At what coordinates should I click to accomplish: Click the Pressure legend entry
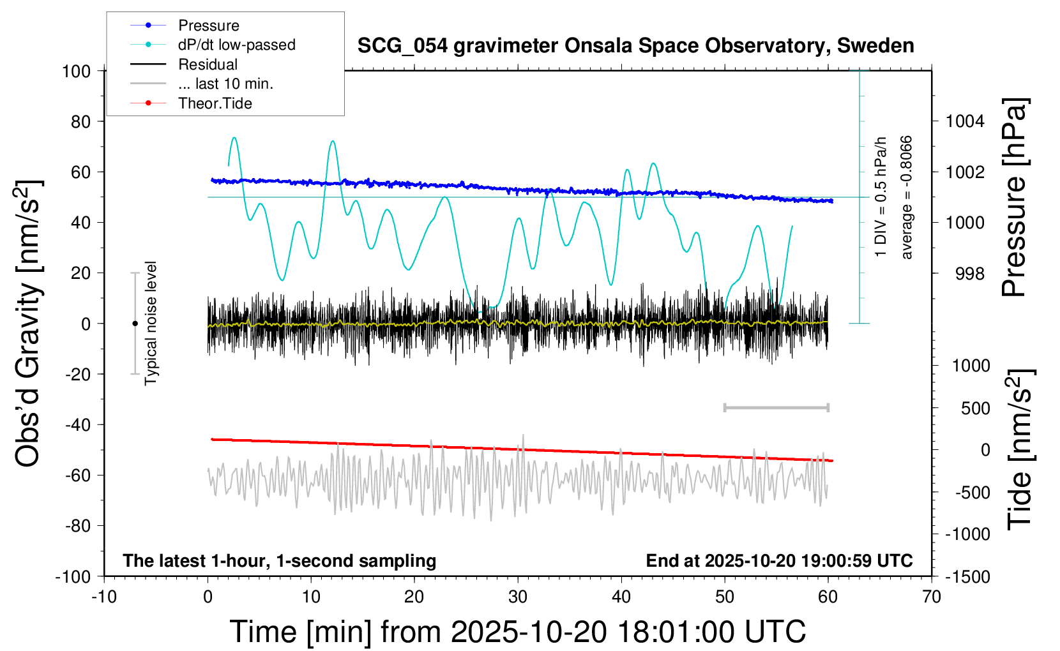click(x=208, y=26)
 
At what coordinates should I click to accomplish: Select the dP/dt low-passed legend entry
click(x=236, y=45)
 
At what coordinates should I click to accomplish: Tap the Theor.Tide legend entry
click(x=215, y=103)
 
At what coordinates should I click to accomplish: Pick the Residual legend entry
click(x=208, y=64)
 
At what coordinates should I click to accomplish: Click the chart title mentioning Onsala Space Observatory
click(x=635, y=46)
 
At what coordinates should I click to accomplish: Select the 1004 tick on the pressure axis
click(x=965, y=121)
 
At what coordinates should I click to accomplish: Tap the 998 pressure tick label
click(x=970, y=274)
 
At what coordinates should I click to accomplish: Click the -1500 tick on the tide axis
click(x=967, y=577)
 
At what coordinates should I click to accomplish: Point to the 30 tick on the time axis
click(x=518, y=597)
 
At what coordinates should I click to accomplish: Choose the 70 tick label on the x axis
click(x=932, y=597)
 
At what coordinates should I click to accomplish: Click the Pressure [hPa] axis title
click(x=1015, y=197)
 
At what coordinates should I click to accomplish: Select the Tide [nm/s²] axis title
click(x=1020, y=449)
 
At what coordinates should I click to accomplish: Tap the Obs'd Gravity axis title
click(x=29, y=323)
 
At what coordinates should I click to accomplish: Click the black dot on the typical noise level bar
click(x=135, y=324)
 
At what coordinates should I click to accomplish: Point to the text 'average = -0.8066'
click(x=906, y=197)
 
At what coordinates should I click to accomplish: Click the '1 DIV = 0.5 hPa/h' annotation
click(x=881, y=197)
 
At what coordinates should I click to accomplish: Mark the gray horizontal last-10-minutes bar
click(x=776, y=407)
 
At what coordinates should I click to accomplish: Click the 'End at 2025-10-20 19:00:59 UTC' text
click(x=779, y=561)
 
